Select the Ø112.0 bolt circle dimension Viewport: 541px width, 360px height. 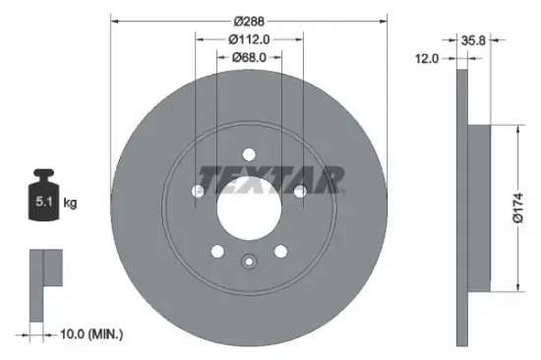click(x=249, y=39)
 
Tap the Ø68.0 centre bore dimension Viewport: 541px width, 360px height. click(x=249, y=58)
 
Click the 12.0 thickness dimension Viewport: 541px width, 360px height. click(x=426, y=58)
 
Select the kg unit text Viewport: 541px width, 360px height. click(x=70, y=204)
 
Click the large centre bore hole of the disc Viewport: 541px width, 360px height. click(x=249, y=207)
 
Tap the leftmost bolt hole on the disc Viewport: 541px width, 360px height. click(x=198, y=190)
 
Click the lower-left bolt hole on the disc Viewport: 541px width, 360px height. click(x=217, y=251)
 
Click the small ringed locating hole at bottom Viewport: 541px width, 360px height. click(x=249, y=262)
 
